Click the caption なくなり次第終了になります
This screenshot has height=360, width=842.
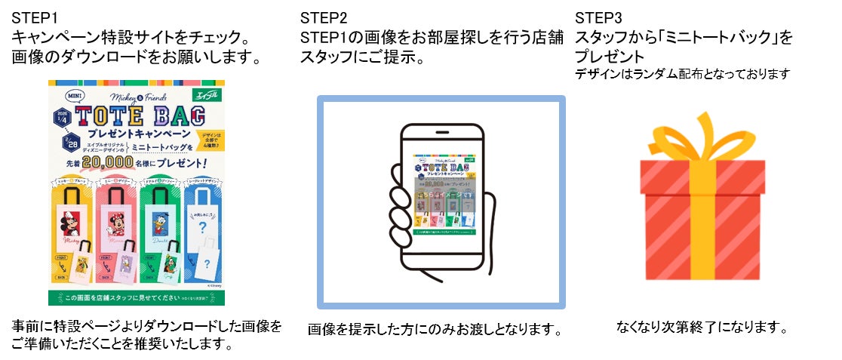click(702, 328)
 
